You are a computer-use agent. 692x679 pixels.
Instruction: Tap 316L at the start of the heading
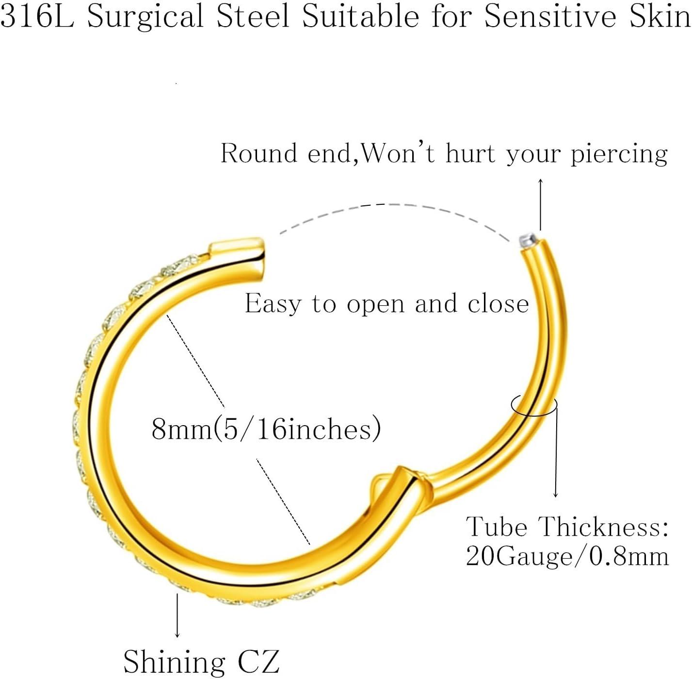(x=37, y=16)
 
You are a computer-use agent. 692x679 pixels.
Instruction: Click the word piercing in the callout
(x=619, y=155)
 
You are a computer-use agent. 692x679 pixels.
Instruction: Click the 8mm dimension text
(x=266, y=429)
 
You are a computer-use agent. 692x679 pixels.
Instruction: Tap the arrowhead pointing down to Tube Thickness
(x=556, y=496)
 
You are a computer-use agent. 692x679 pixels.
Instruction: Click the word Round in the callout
(x=258, y=153)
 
